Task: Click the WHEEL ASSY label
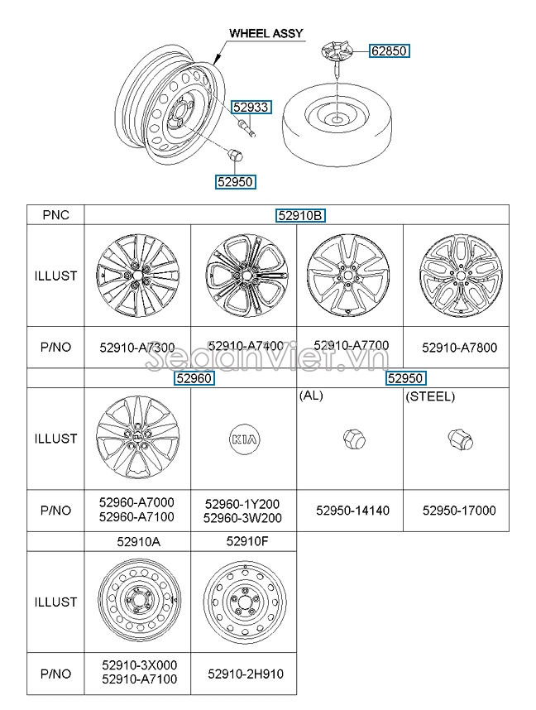266,34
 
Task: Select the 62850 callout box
389,50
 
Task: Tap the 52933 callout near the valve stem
250,107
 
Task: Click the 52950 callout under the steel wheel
235,181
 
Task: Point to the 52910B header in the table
300,215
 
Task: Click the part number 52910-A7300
137,348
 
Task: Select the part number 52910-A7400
245,346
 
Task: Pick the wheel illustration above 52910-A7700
347,276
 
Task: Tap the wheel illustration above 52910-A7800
457,276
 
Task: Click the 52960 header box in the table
194,378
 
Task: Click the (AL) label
311,396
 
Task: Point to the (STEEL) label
430,396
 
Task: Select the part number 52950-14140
352,511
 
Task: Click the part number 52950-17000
459,511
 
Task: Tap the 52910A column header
136,541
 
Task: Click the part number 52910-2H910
246,674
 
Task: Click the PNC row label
55,215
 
